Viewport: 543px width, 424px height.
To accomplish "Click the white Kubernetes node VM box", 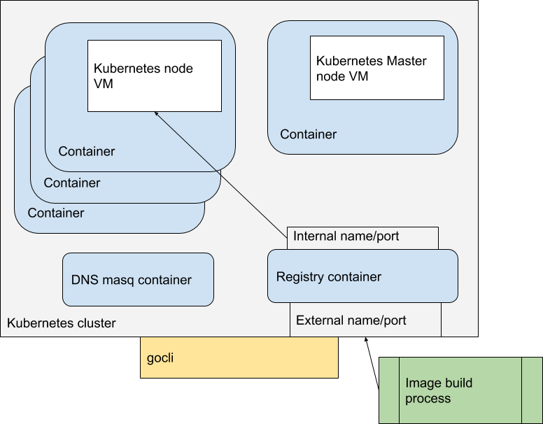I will coord(154,76).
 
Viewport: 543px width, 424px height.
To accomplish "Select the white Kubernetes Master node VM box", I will coord(377,68).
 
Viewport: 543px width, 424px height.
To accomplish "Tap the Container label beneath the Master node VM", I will coord(308,134).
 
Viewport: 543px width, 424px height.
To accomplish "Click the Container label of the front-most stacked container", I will coord(86,152).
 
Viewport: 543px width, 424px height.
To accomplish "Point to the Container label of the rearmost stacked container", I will coord(56,213).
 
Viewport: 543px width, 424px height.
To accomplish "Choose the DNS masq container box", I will coord(138,280).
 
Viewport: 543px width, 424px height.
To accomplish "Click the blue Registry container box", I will coord(362,276).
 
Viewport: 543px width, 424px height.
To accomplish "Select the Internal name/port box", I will coord(362,237).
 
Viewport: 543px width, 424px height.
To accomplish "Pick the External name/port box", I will coord(365,320).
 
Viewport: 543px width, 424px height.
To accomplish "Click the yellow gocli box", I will coord(239,358).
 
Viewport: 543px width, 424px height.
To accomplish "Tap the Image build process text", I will coord(439,390).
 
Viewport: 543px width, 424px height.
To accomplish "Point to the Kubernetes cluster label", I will coord(61,323).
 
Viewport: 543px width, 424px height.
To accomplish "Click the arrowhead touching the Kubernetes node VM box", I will coord(157,115).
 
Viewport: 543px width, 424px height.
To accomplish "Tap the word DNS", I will coord(83,281).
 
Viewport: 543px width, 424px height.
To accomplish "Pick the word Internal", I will coord(316,236).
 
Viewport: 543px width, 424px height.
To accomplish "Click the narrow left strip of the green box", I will coord(389,390).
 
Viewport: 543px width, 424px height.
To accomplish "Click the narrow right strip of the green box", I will coord(532,390).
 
